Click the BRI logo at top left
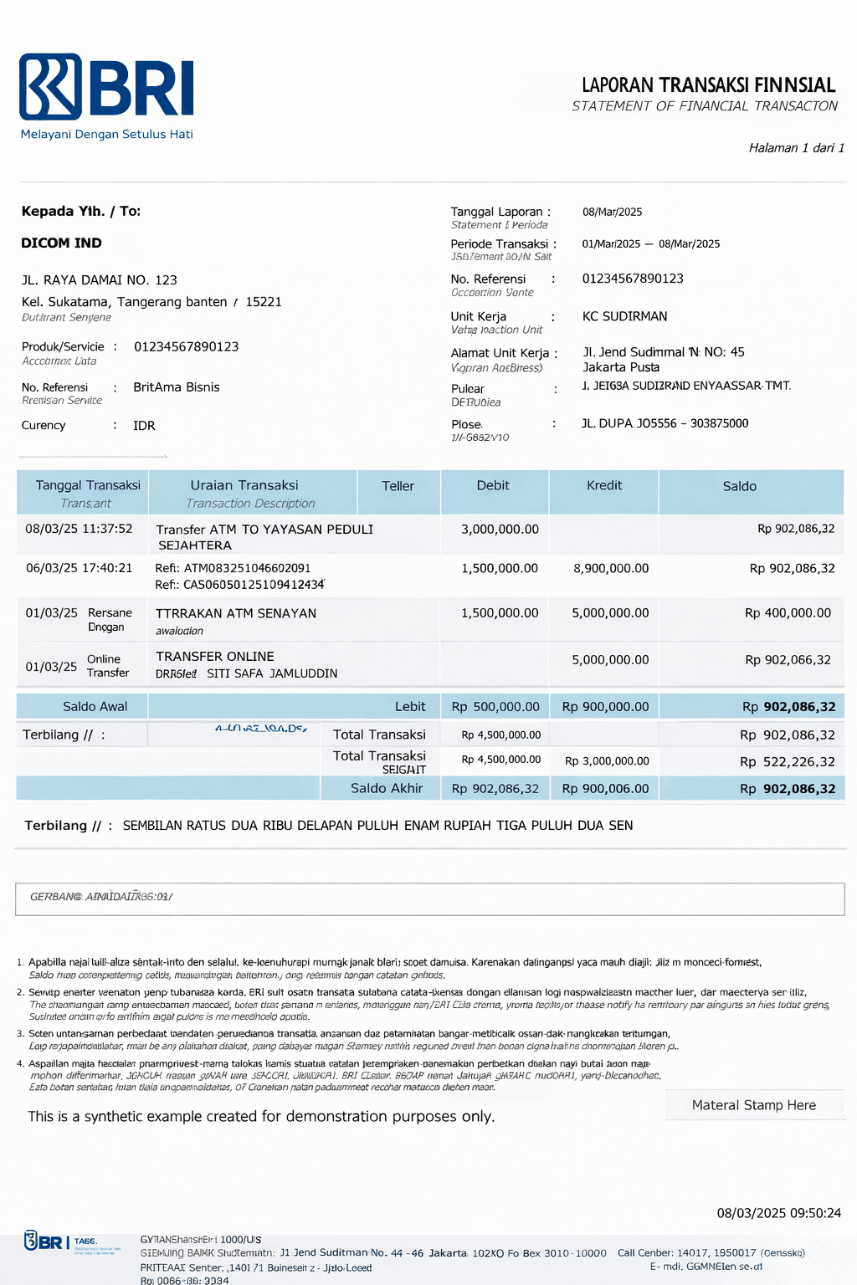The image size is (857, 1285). (x=106, y=86)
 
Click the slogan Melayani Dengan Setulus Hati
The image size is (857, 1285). (x=106, y=134)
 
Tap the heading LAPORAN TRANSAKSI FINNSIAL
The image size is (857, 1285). (x=708, y=85)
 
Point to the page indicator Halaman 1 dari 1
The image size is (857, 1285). (x=796, y=148)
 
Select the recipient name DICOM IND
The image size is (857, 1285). (x=61, y=243)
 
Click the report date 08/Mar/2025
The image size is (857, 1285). (x=612, y=212)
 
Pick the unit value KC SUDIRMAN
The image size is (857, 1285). (x=624, y=316)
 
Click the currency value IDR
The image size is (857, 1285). (x=144, y=426)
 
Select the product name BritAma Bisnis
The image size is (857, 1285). (x=176, y=387)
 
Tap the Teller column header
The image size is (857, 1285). (x=398, y=486)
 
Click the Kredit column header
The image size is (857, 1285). (x=603, y=485)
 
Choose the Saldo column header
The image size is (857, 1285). (x=739, y=486)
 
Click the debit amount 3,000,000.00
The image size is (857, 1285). (x=500, y=530)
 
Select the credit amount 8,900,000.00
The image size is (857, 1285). (x=610, y=568)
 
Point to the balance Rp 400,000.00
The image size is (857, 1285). (x=788, y=613)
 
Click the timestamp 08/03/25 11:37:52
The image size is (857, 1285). (x=79, y=529)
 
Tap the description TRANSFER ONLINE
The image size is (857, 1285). (x=214, y=657)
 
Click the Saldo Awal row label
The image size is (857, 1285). (x=95, y=707)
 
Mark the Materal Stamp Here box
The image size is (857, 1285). (x=753, y=1105)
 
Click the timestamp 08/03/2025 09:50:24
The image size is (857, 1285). (x=778, y=1213)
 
